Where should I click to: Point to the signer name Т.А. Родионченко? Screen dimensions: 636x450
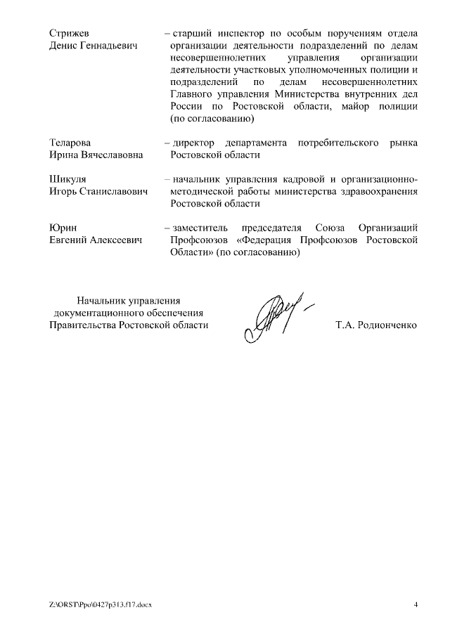[376, 325]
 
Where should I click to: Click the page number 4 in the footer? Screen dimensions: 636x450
[416, 604]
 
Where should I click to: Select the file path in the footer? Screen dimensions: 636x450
[101, 604]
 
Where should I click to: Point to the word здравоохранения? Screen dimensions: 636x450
[375, 192]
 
